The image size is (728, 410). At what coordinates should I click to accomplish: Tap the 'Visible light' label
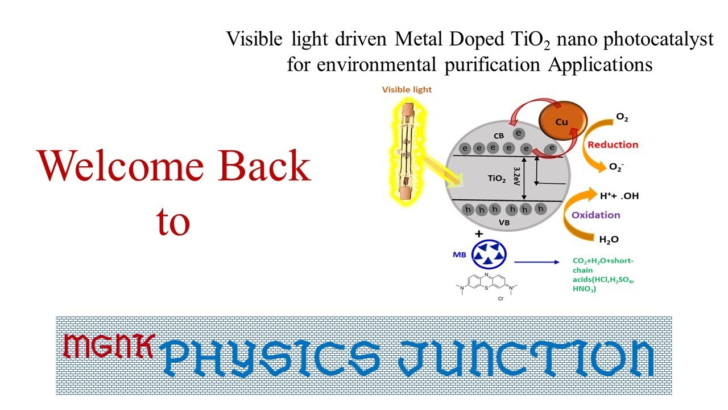point(407,89)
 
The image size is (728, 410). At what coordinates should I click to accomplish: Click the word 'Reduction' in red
point(613,145)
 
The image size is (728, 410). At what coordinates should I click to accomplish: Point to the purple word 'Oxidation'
point(596,215)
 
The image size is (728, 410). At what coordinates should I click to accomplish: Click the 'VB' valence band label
point(504,223)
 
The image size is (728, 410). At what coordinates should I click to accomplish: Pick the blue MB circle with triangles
point(489,254)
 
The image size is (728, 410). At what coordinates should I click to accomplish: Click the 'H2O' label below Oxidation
point(609,240)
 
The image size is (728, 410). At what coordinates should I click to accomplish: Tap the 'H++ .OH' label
point(619,196)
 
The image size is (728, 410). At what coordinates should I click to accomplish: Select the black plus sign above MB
point(479,234)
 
